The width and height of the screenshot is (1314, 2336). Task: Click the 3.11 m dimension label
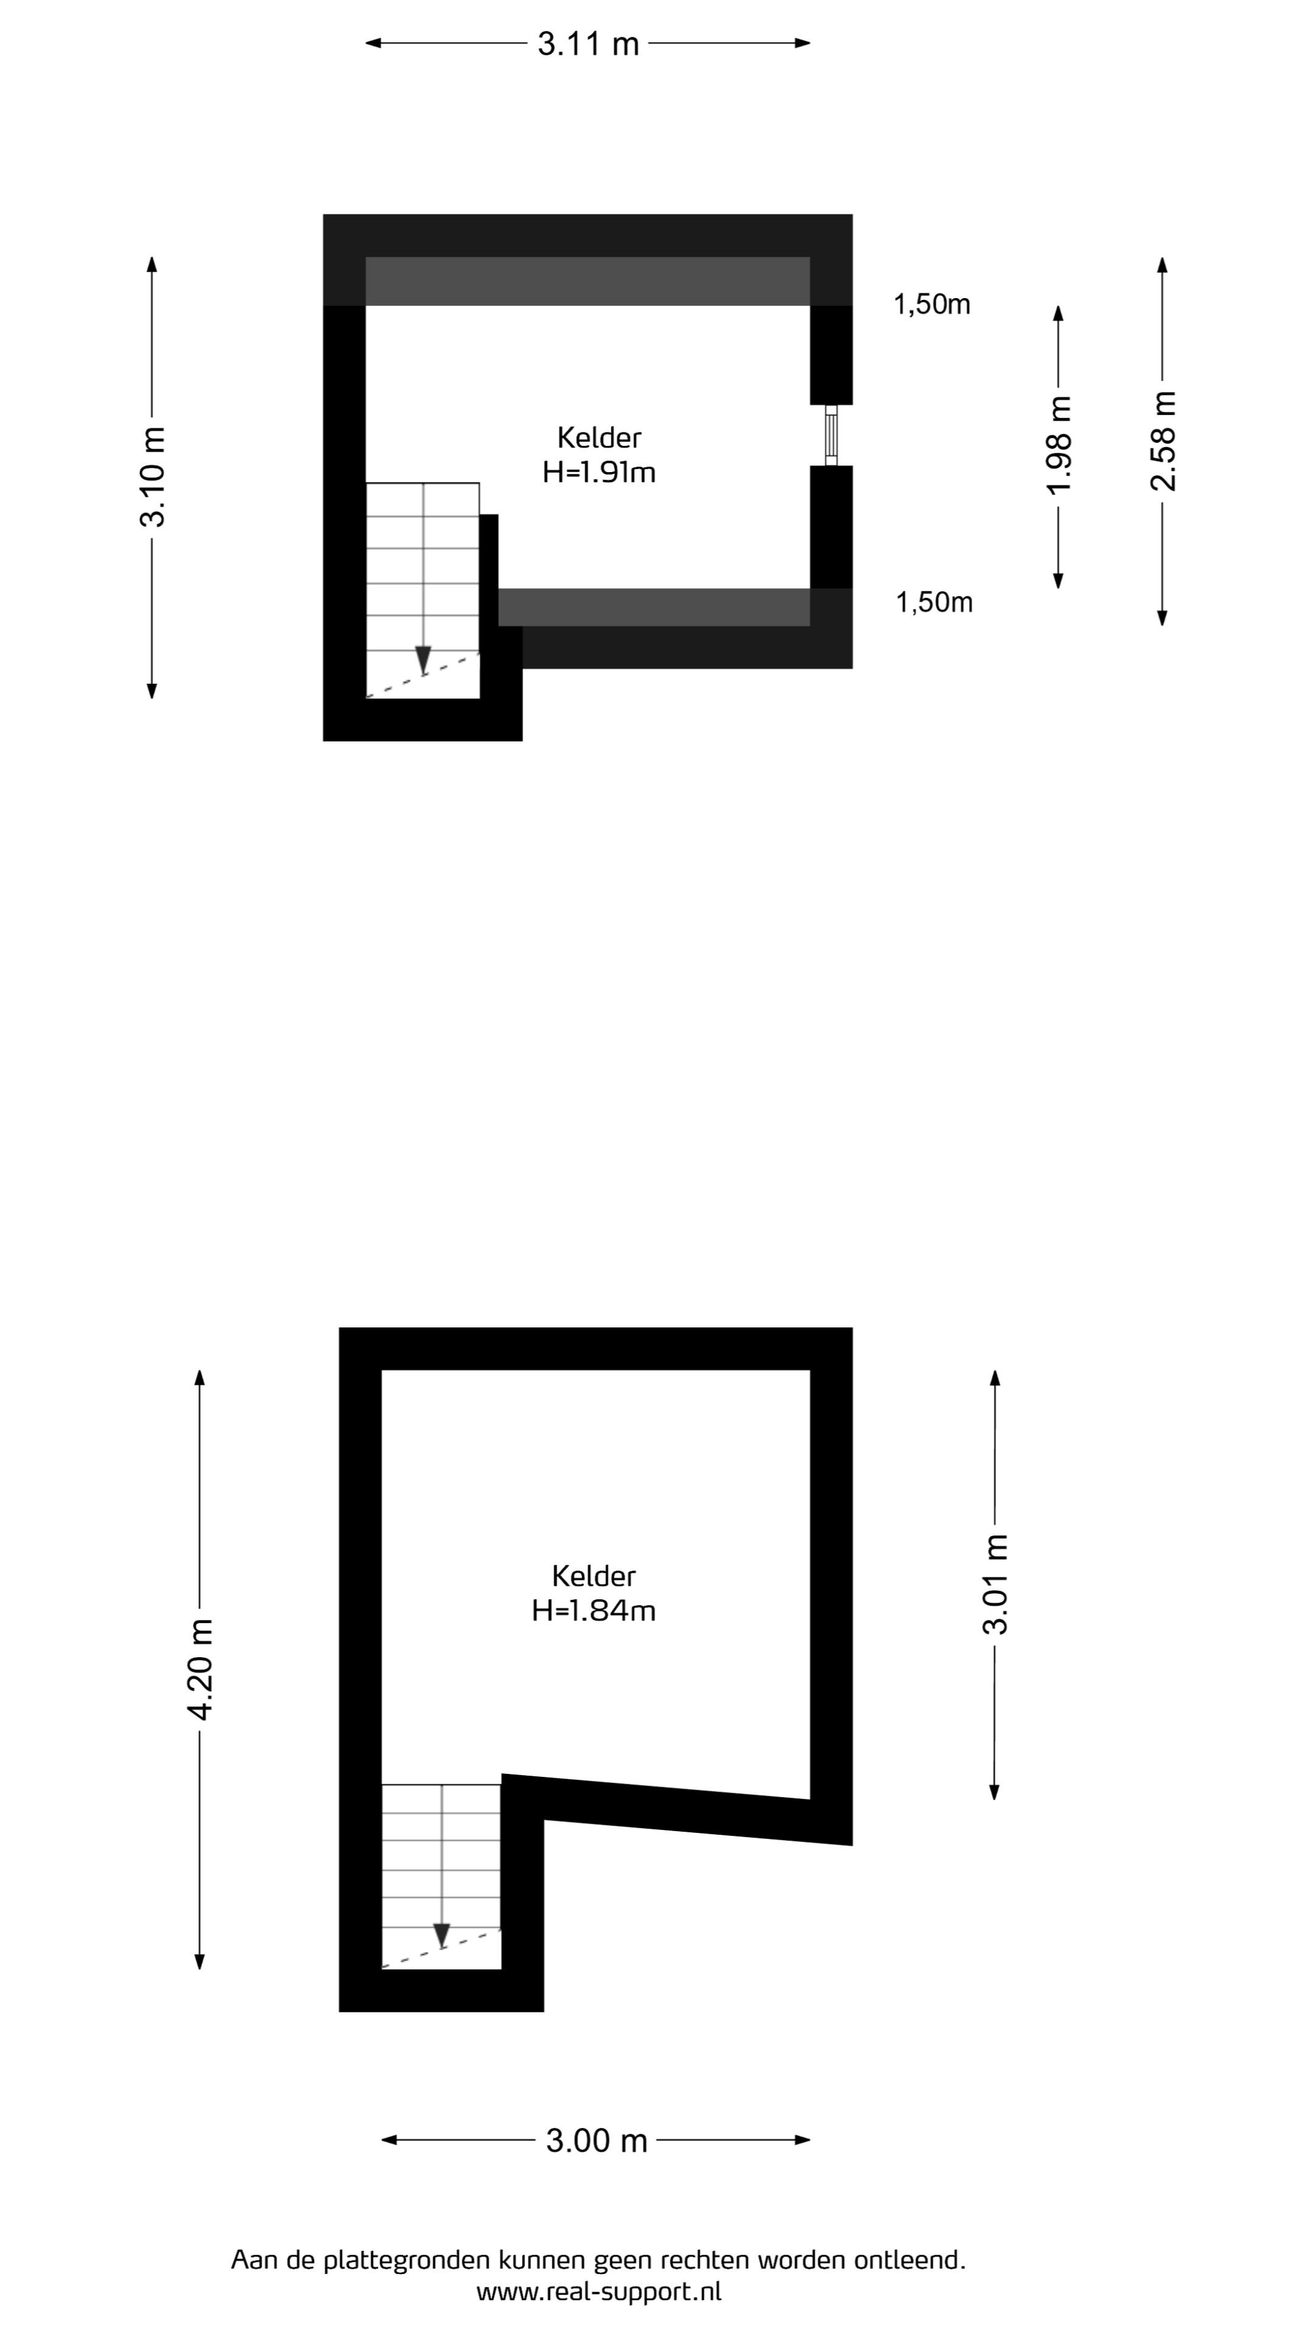click(588, 44)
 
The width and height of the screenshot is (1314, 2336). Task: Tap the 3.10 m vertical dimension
click(152, 477)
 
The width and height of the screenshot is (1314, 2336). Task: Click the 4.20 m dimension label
click(200, 1669)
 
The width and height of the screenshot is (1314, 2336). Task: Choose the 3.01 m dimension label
click(996, 1583)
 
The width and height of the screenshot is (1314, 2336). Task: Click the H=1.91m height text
click(599, 473)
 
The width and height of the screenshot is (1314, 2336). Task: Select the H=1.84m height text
click(594, 1610)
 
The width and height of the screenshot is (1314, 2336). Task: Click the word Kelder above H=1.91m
click(599, 438)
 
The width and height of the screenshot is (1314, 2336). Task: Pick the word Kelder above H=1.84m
click(594, 1576)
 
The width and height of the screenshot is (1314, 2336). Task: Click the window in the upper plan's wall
click(830, 436)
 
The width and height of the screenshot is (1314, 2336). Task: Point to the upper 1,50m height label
click(932, 305)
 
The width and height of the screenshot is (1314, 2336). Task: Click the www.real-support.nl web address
click(599, 2292)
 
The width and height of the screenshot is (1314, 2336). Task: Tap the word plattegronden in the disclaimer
click(408, 2260)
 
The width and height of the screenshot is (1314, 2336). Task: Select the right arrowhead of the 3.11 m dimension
click(802, 43)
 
